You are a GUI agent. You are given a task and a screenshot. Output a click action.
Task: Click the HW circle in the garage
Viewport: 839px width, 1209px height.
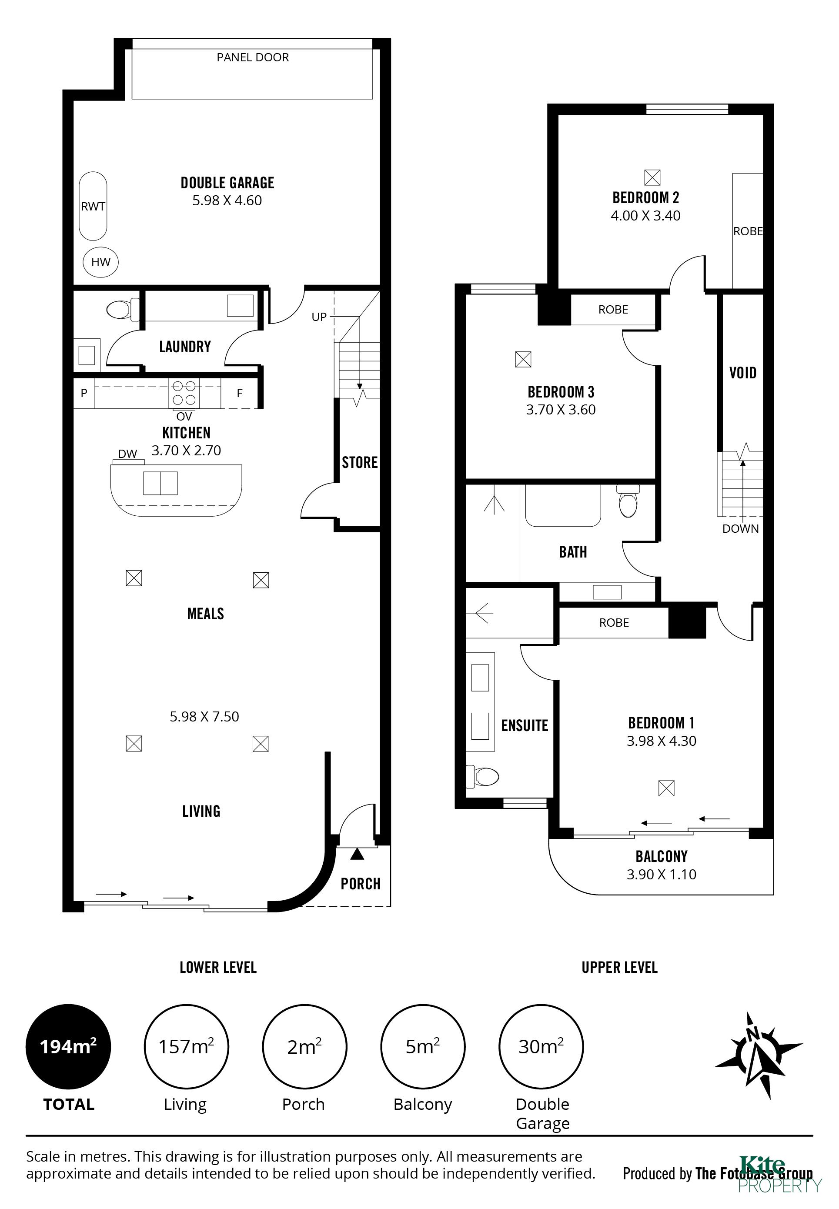pos(100,262)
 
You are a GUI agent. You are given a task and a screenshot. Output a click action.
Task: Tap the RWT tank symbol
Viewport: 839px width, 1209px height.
pos(93,206)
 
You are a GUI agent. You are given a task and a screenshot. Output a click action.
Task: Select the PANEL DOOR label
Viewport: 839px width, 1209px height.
pos(253,57)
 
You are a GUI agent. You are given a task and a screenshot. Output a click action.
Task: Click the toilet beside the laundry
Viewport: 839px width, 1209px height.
pos(123,309)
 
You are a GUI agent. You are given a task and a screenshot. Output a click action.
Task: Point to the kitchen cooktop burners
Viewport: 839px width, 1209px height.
pos(184,393)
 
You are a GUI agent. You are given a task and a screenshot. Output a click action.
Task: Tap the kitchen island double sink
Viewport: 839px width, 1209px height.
pos(160,483)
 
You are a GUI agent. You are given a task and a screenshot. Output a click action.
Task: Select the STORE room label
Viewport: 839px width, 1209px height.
pos(360,463)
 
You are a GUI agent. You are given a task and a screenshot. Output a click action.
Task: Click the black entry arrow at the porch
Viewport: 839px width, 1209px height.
pos(357,854)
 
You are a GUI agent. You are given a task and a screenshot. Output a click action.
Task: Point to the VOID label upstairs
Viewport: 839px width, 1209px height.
pos(743,373)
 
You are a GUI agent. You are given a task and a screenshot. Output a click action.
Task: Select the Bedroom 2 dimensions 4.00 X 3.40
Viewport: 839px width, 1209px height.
pos(645,216)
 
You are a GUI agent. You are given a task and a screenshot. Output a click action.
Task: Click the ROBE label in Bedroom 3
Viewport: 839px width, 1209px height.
pos(613,310)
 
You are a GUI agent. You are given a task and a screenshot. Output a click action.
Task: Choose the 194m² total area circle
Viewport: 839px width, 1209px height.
pos(68,1047)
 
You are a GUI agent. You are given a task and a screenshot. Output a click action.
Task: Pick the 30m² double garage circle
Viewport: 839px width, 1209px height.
pos(541,1047)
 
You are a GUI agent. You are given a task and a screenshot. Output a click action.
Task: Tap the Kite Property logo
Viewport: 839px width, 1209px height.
pos(779,1174)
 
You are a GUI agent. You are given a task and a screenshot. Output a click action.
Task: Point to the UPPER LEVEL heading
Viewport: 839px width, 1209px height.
pos(619,968)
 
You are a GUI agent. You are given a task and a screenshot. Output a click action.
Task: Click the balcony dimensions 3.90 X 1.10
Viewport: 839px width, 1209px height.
pos(661,874)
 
